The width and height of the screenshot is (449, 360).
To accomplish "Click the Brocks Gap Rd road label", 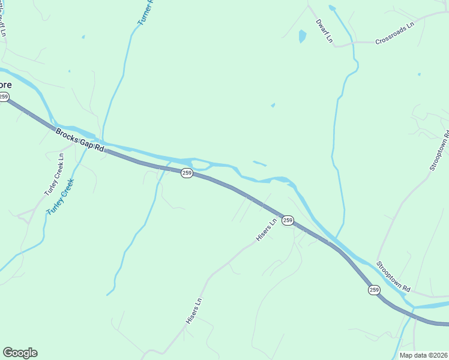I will [79, 140].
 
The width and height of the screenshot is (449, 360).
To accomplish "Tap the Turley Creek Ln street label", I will [53, 175].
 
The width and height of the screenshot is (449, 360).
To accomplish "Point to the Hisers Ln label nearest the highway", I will [266, 230].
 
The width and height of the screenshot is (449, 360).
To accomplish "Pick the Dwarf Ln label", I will [324, 31].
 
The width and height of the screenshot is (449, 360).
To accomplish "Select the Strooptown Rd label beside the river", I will [393, 277].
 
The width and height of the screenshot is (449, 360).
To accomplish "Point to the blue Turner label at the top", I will [146, 12].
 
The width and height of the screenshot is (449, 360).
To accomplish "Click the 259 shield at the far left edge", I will [4, 97].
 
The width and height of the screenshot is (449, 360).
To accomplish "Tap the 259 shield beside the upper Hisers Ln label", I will [288, 221].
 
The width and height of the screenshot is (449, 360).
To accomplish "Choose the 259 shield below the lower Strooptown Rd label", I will [375, 290].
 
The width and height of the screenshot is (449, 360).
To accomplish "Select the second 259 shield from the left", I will [187, 173].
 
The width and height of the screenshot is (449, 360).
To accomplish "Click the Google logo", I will [20, 353].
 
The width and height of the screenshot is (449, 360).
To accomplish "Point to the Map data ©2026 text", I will [424, 355].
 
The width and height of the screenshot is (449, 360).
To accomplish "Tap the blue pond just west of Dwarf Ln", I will [303, 37].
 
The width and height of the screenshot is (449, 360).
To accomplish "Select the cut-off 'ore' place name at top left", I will [5, 85].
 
